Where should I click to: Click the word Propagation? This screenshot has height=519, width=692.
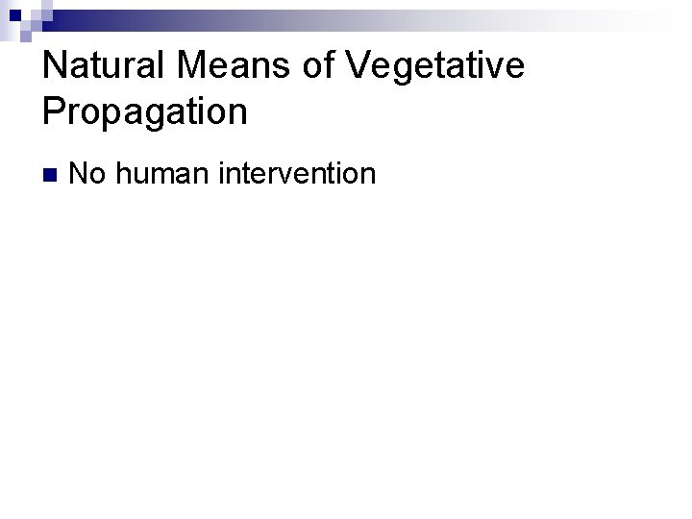[x=145, y=111]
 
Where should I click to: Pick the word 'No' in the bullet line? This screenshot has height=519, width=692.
[x=88, y=174]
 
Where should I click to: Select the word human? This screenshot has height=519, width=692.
[x=164, y=174]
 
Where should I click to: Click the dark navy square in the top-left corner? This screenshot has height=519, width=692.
[x=13, y=14]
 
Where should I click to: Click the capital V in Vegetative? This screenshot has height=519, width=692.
[x=357, y=65]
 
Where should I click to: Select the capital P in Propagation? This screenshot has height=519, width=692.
[x=55, y=111]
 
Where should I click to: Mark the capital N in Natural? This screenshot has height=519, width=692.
[x=57, y=65]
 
